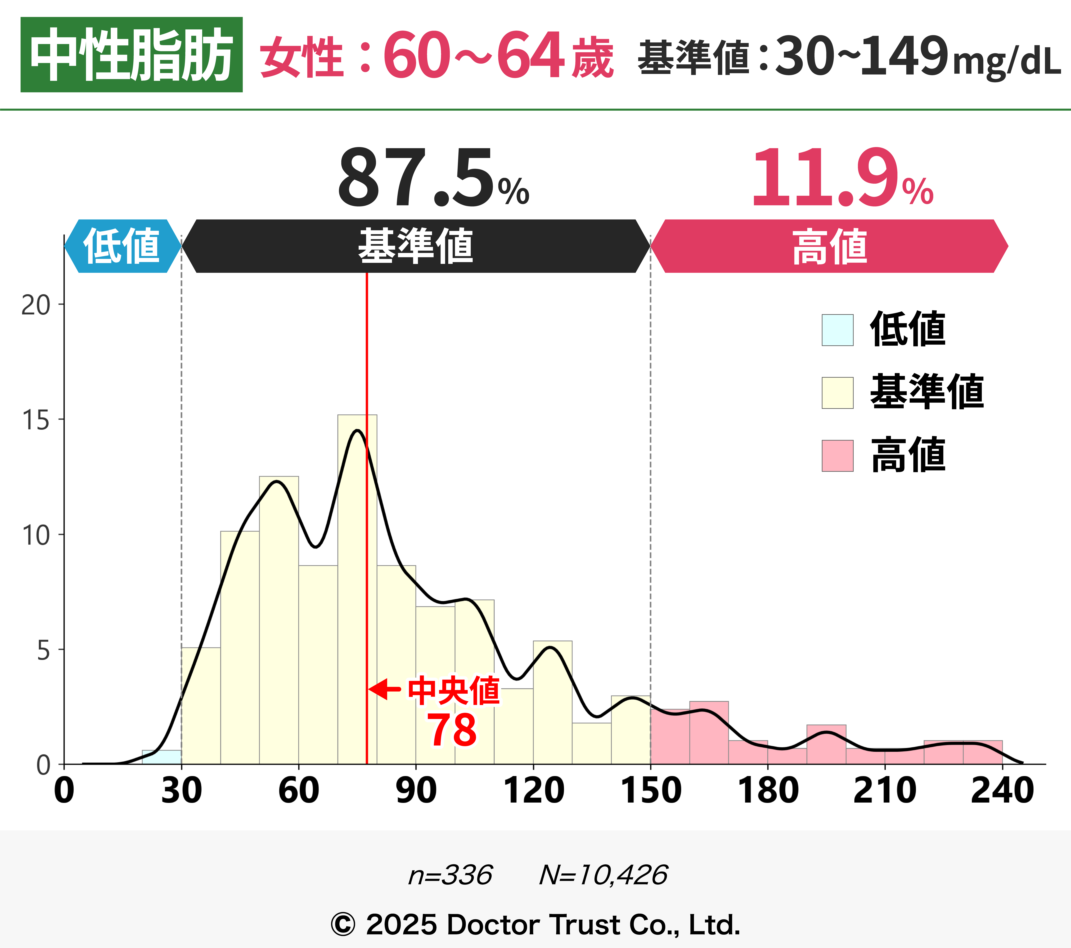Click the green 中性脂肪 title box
[x=131, y=54]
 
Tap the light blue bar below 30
[x=162, y=757]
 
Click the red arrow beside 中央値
[x=385, y=689]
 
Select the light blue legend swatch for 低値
[x=837, y=330]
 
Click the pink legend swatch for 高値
[x=837, y=456]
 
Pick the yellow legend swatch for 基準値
[x=837, y=393]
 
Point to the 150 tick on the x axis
[x=651, y=790]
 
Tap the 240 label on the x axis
[x=1002, y=790]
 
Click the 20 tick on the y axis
[x=36, y=305]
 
